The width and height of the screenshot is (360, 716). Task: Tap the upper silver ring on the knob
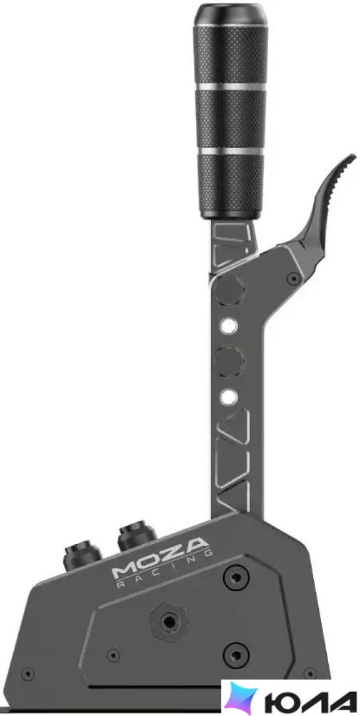(230, 87)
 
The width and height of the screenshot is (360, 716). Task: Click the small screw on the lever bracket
(293, 278)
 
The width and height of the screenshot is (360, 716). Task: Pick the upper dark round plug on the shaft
(228, 290)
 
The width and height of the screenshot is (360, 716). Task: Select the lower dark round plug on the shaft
(229, 361)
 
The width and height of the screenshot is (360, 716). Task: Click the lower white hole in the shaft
(228, 397)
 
